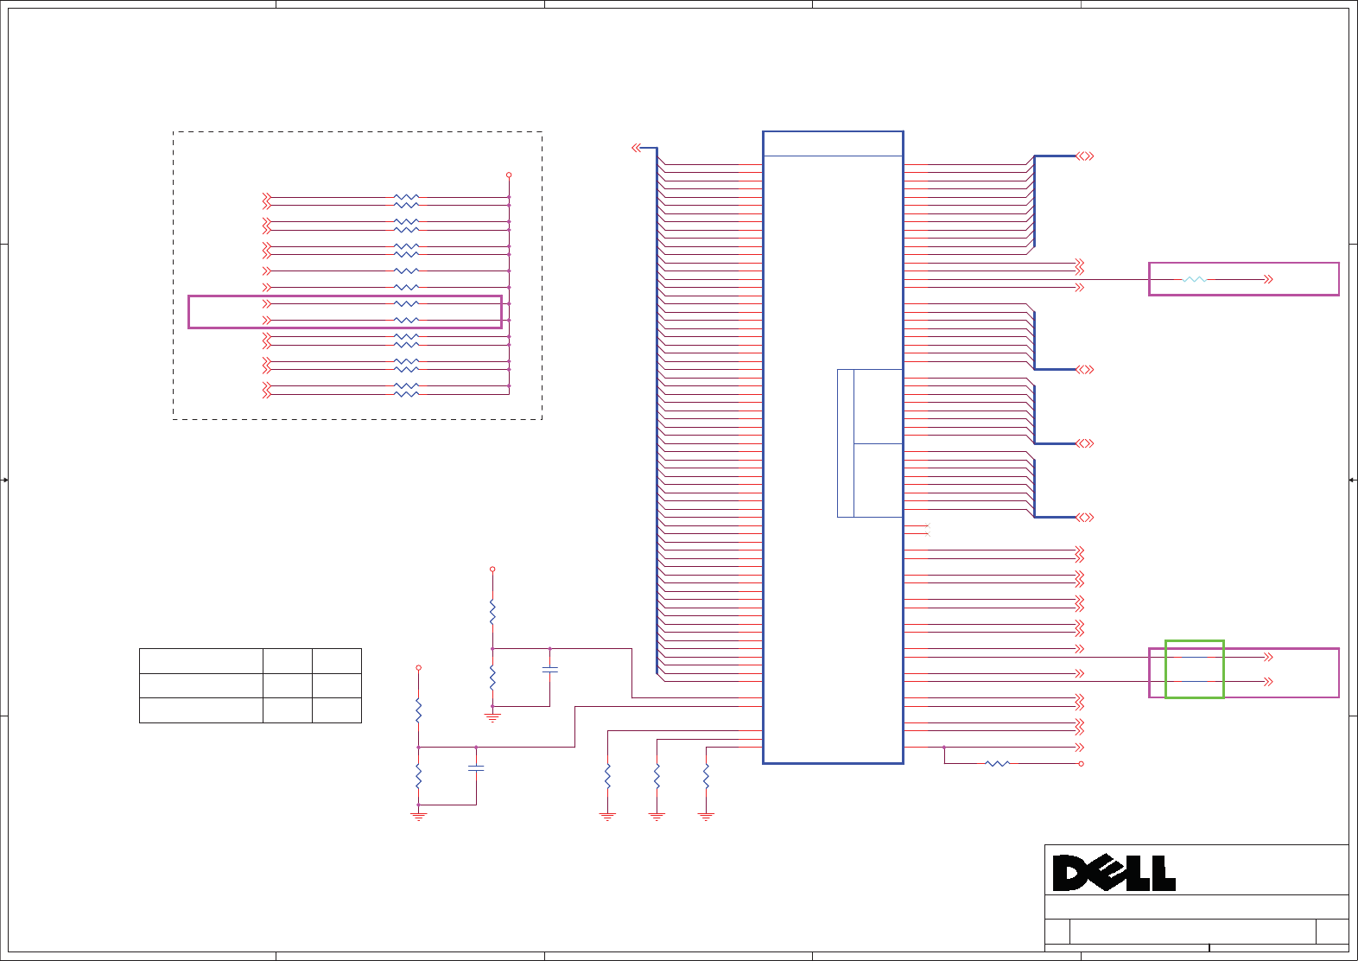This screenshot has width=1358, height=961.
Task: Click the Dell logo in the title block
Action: coord(1114,873)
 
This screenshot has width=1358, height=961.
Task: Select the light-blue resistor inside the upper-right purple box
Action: coord(1194,279)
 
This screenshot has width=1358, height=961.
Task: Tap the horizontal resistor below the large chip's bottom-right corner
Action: coord(997,763)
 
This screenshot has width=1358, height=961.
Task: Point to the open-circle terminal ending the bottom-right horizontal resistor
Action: coord(1081,763)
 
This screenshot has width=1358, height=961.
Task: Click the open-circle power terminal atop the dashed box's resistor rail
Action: coord(509,175)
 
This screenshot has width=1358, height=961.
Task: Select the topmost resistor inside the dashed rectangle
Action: coord(406,197)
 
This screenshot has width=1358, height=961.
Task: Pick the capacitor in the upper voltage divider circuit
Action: coord(549,669)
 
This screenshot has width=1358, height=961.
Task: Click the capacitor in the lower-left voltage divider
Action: coord(476,767)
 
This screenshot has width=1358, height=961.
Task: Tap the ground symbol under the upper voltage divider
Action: coord(492,717)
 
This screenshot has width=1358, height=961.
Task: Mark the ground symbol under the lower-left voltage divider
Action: coord(418,816)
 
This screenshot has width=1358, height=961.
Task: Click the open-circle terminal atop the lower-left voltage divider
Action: coord(418,667)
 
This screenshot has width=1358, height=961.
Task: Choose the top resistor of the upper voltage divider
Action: coord(492,612)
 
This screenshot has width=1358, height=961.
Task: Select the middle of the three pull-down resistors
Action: coord(657,776)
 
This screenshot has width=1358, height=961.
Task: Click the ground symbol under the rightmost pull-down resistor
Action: coord(706,816)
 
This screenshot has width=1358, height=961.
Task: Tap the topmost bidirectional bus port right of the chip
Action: coord(1085,156)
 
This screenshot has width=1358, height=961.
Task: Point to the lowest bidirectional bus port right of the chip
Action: coord(1085,517)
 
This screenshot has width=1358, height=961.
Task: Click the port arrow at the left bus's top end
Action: coord(637,148)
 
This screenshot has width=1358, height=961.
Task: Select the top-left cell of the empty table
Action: coord(200,660)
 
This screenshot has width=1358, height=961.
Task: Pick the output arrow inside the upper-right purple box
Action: coord(1268,279)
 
